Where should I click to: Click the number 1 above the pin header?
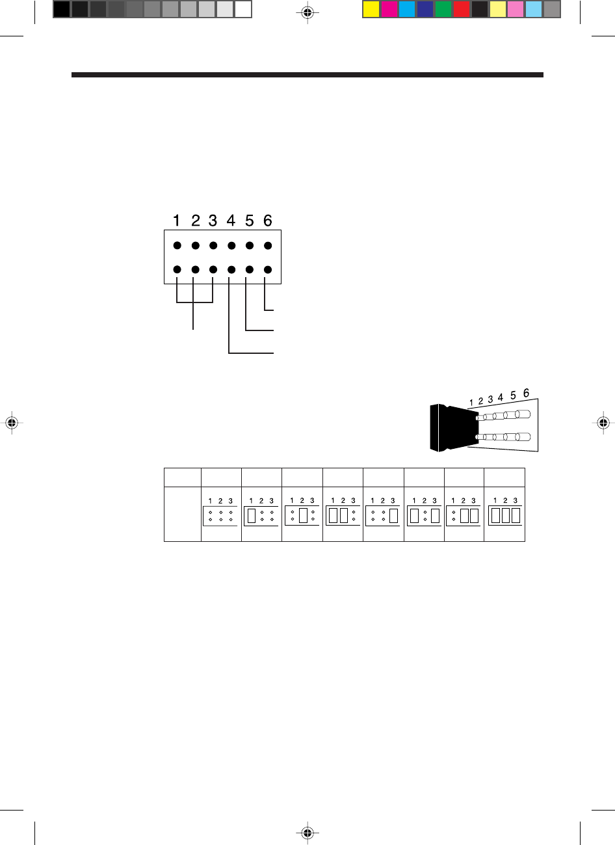(x=176, y=221)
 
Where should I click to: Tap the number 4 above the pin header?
(x=231, y=221)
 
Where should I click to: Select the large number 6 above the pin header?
(x=268, y=221)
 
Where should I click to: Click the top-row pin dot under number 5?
(x=250, y=246)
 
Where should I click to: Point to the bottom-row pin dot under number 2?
(x=195, y=269)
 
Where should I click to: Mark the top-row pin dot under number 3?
(x=213, y=246)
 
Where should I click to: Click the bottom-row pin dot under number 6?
(x=268, y=269)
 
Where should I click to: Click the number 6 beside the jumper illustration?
(x=526, y=393)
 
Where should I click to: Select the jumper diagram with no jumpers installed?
(x=220, y=515)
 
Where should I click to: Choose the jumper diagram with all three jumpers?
(x=505, y=515)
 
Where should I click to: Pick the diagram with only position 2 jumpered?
(x=302, y=515)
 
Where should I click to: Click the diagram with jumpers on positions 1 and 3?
(x=425, y=515)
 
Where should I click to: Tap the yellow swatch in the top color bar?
(x=371, y=9)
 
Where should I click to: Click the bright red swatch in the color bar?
(x=461, y=9)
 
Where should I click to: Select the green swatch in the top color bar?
(x=443, y=9)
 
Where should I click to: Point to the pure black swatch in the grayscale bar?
(x=62, y=9)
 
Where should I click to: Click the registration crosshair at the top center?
(x=308, y=12)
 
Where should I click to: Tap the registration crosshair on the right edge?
(x=603, y=423)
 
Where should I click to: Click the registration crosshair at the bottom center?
(x=308, y=833)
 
